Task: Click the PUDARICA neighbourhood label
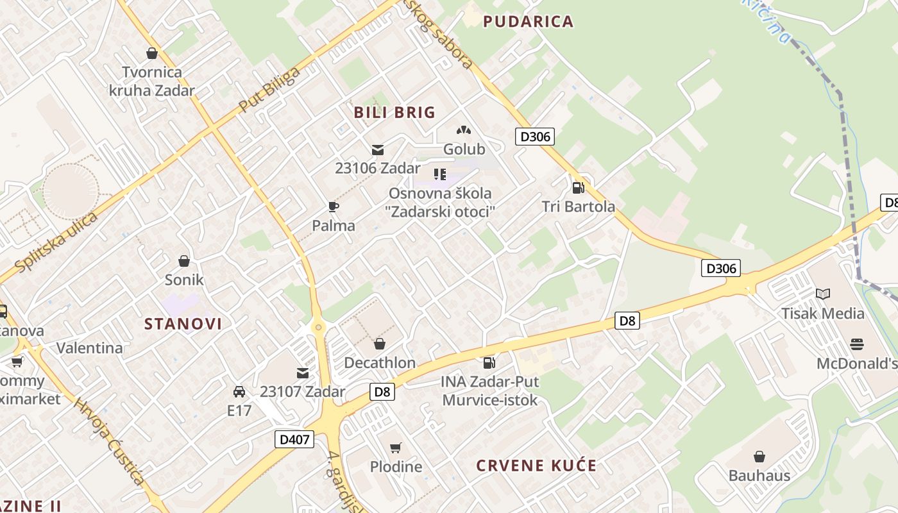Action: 528,22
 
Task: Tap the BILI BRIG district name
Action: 394,113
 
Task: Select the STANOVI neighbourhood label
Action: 183,324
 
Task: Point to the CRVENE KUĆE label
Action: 536,466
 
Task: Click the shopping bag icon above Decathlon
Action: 380,344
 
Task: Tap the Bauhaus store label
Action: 759,475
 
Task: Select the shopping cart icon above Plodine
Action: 396,448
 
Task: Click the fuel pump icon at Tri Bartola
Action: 578,188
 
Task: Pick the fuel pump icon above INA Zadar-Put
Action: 489,363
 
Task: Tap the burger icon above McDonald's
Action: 857,344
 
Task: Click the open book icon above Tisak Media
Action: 823,294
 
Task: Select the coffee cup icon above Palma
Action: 333,206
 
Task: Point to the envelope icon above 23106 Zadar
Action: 378,150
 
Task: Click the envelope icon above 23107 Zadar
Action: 303,373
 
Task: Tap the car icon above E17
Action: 239,391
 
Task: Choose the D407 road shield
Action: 294,440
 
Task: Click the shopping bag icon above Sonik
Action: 184,261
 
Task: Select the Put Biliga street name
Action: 269,89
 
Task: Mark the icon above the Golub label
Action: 464,130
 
